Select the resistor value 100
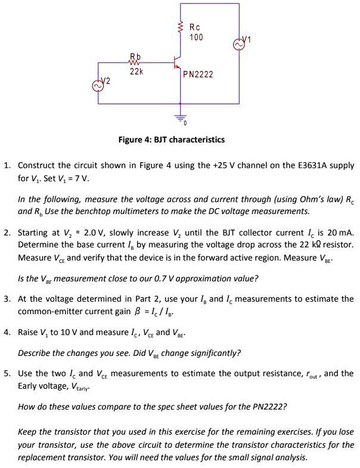(x=195, y=38)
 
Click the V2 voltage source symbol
(x=97, y=86)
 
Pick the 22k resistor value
(x=136, y=72)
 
